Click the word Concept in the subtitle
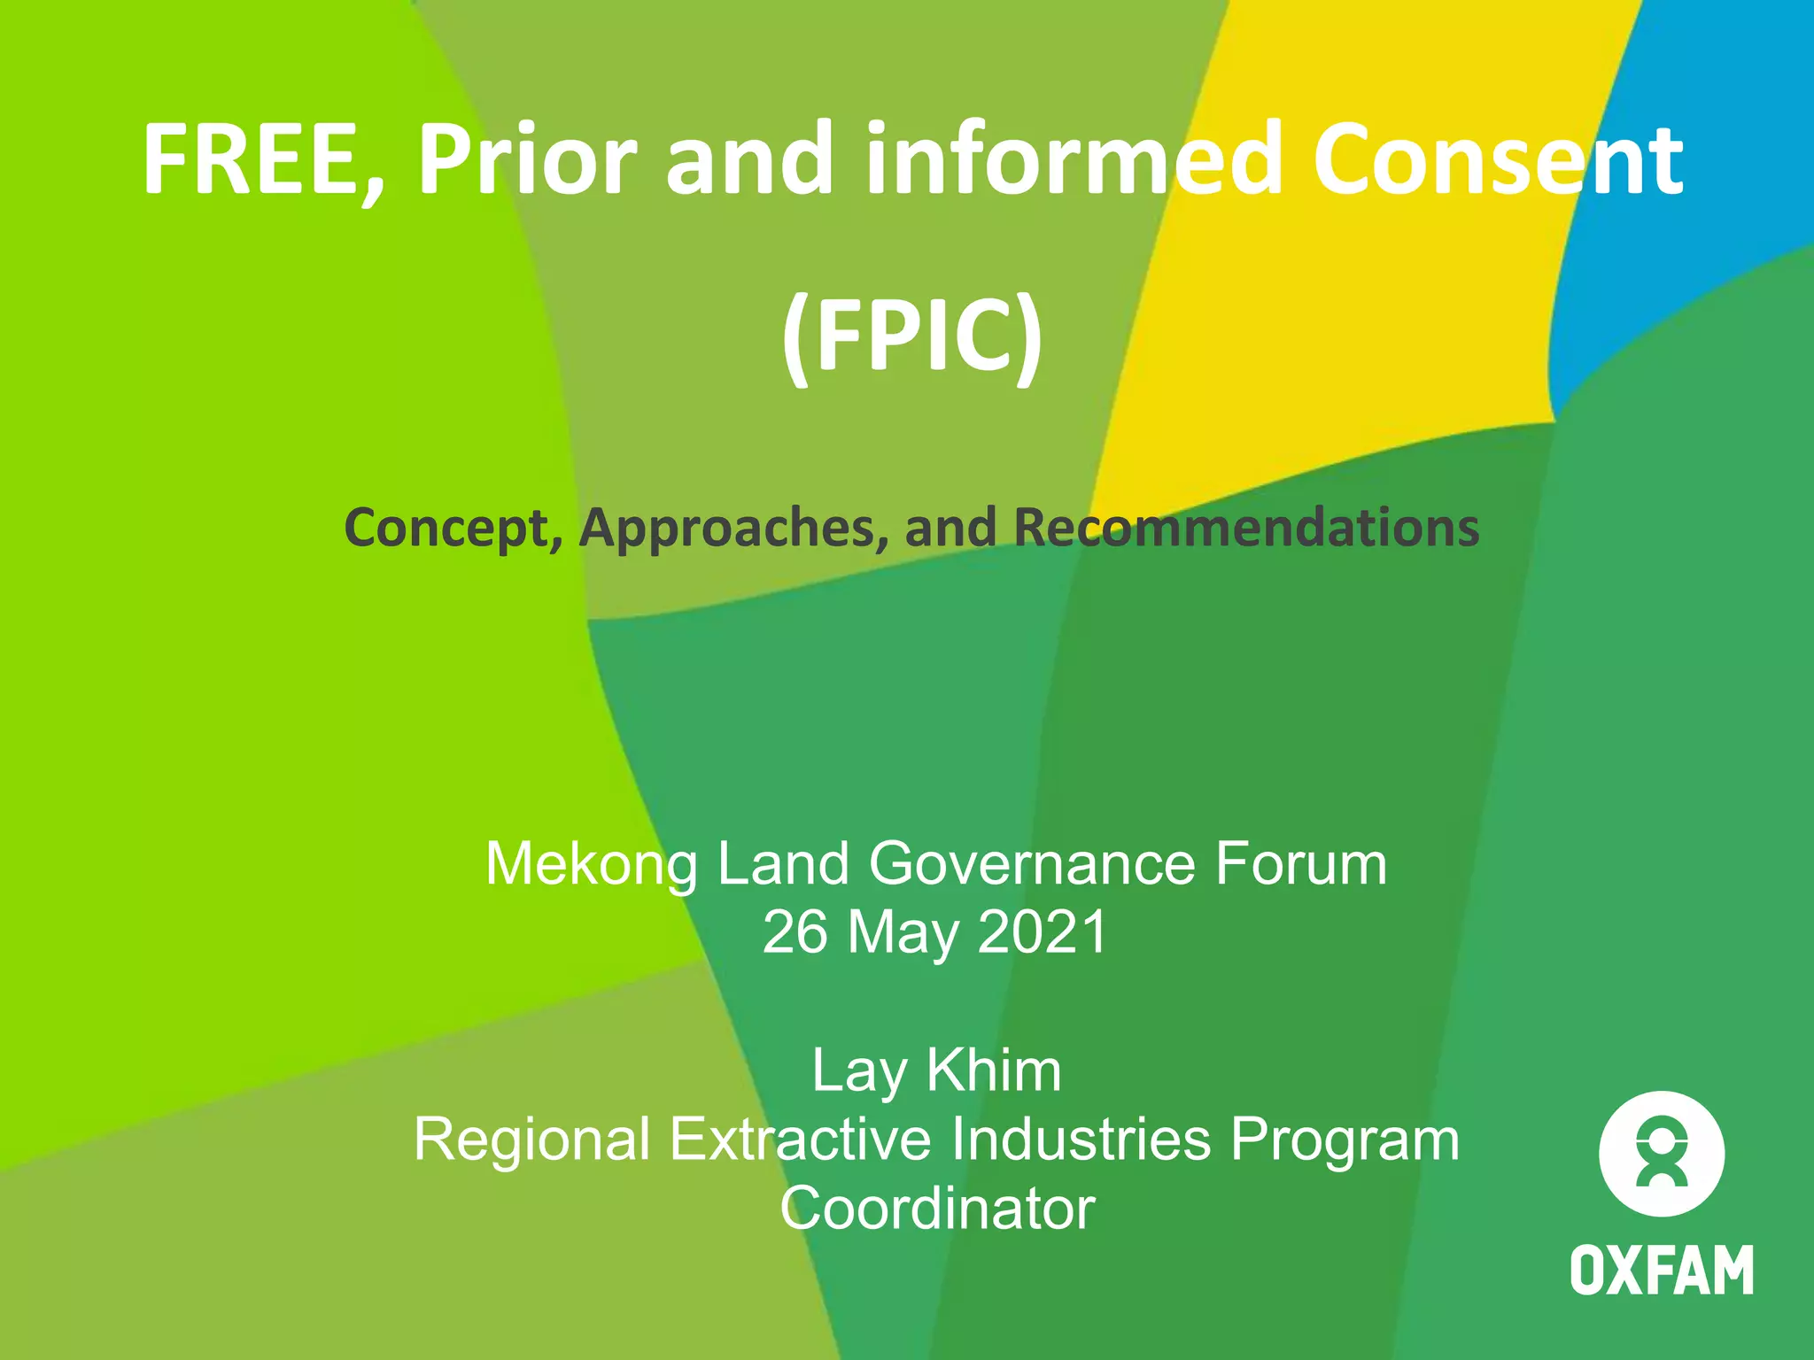[x=452, y=528]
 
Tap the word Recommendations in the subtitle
[x=1246, y=528]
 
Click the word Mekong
[x=592, y=864]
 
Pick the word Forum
[x=1300, y=864]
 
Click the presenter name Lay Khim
[x=936, y=1071]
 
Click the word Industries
[x=1081, y=1140]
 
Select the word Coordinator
[x=937, y=1209]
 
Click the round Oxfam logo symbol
[x=1662, y=1155]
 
